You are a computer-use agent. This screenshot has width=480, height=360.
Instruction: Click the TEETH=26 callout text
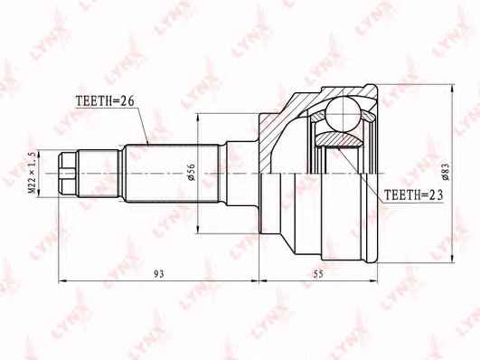(105, 100)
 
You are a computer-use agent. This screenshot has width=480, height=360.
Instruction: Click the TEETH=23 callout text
(414, 194)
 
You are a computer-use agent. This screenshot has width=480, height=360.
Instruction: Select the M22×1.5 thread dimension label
(33, 174)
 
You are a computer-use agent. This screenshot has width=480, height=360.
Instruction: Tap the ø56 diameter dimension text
(192, 173)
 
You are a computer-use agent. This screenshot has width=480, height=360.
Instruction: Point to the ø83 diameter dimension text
(446, 172)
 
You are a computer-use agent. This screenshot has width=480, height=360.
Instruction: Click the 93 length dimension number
(159, 273)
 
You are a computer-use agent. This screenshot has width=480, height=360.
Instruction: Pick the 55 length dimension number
(318, 273)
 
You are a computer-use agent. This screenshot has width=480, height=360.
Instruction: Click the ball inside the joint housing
(343, 113)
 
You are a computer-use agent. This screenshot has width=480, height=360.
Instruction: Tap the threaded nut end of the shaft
(68, 174)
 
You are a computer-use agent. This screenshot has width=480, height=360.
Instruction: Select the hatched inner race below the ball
(338, 139)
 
